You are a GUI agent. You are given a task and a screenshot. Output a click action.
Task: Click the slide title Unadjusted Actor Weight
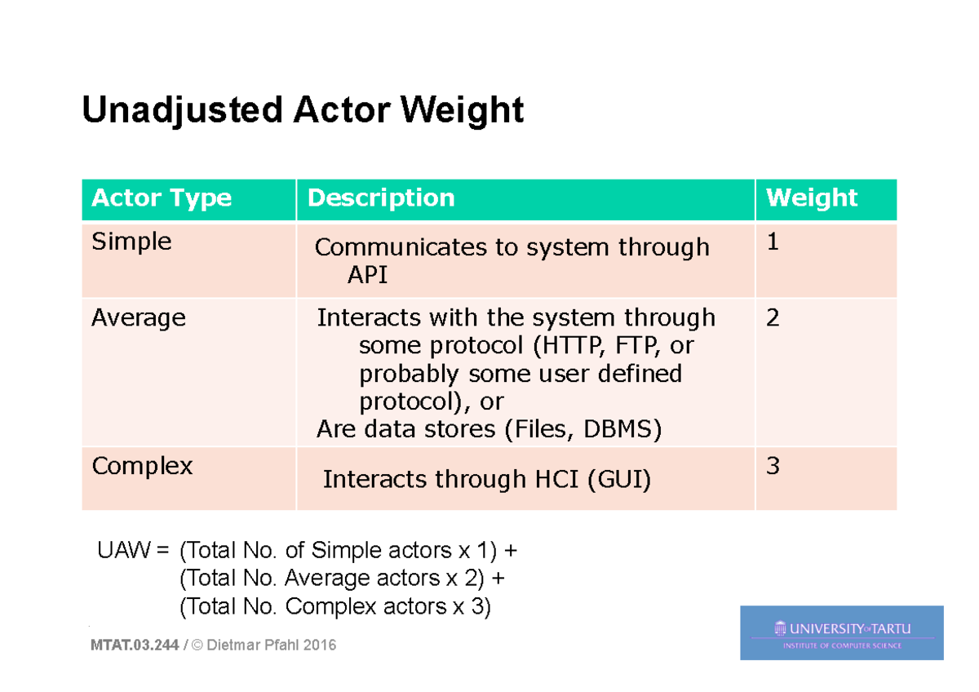coord(303,110)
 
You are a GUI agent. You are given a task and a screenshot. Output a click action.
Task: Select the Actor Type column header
coord(162,198)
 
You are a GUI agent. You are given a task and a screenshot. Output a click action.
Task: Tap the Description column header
coord(381,198)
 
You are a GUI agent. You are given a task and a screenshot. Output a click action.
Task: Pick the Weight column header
coord(812,198)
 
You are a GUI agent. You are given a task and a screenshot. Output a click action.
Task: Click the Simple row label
coord(131,242)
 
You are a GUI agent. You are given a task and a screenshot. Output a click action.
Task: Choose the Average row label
coord(139,317)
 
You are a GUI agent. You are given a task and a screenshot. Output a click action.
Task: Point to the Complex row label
coord(142,466)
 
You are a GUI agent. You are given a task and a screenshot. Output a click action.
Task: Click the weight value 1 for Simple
coord(773,242)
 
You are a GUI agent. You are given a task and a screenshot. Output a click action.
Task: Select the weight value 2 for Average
coord(773,317)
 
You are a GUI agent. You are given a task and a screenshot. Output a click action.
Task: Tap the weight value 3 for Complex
coord(773,467)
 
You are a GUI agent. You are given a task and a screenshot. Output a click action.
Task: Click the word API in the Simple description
coord(367,275)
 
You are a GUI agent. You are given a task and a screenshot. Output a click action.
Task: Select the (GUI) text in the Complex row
coord(618,479)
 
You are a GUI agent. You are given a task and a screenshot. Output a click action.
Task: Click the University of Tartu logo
coord(841,632)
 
